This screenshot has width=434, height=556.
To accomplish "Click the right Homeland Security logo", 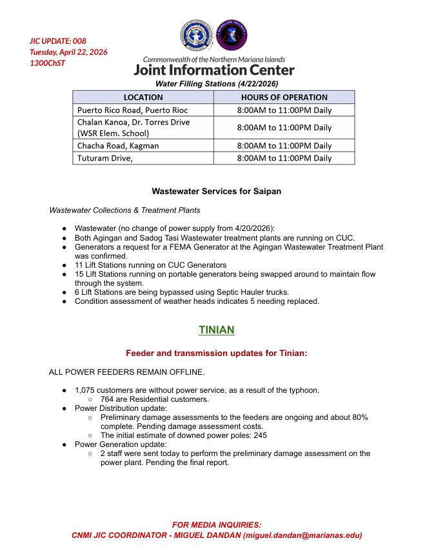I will [231, 36].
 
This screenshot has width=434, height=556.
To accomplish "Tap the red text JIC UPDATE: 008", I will [58, 41].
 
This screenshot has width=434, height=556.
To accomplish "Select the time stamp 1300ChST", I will [48, 63].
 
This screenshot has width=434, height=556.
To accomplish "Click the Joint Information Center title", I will [214, 70].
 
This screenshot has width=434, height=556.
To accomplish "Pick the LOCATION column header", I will [143, 97].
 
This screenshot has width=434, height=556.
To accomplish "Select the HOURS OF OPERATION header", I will [284, 97].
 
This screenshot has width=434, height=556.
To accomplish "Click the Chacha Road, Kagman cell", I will [118, 146].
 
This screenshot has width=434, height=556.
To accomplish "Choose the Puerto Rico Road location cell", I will [133, 110].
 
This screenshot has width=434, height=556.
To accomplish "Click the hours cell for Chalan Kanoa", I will [284, 128].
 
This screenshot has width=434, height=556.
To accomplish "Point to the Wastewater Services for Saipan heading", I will [217, 192].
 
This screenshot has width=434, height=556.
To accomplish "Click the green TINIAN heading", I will [217, 330].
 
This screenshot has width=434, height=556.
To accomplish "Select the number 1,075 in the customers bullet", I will [86, 390].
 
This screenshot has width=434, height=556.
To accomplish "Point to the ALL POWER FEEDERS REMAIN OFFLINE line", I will [126, 372].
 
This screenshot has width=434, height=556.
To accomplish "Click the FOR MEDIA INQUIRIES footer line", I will [217, 525].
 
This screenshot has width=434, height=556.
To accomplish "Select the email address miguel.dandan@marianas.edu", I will [298, 535].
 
